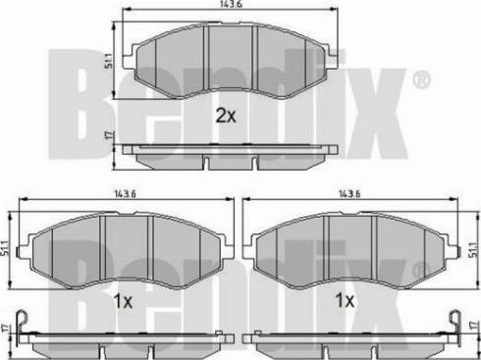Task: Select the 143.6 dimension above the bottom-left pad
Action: (125, 194)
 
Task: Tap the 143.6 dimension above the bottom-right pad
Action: (349, 194)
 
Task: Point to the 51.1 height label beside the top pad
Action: (108, 61)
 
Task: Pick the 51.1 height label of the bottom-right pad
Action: (474, 249)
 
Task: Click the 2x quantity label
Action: (226, 116)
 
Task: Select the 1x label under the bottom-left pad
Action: (123, 301)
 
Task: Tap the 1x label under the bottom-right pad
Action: (345, 300)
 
